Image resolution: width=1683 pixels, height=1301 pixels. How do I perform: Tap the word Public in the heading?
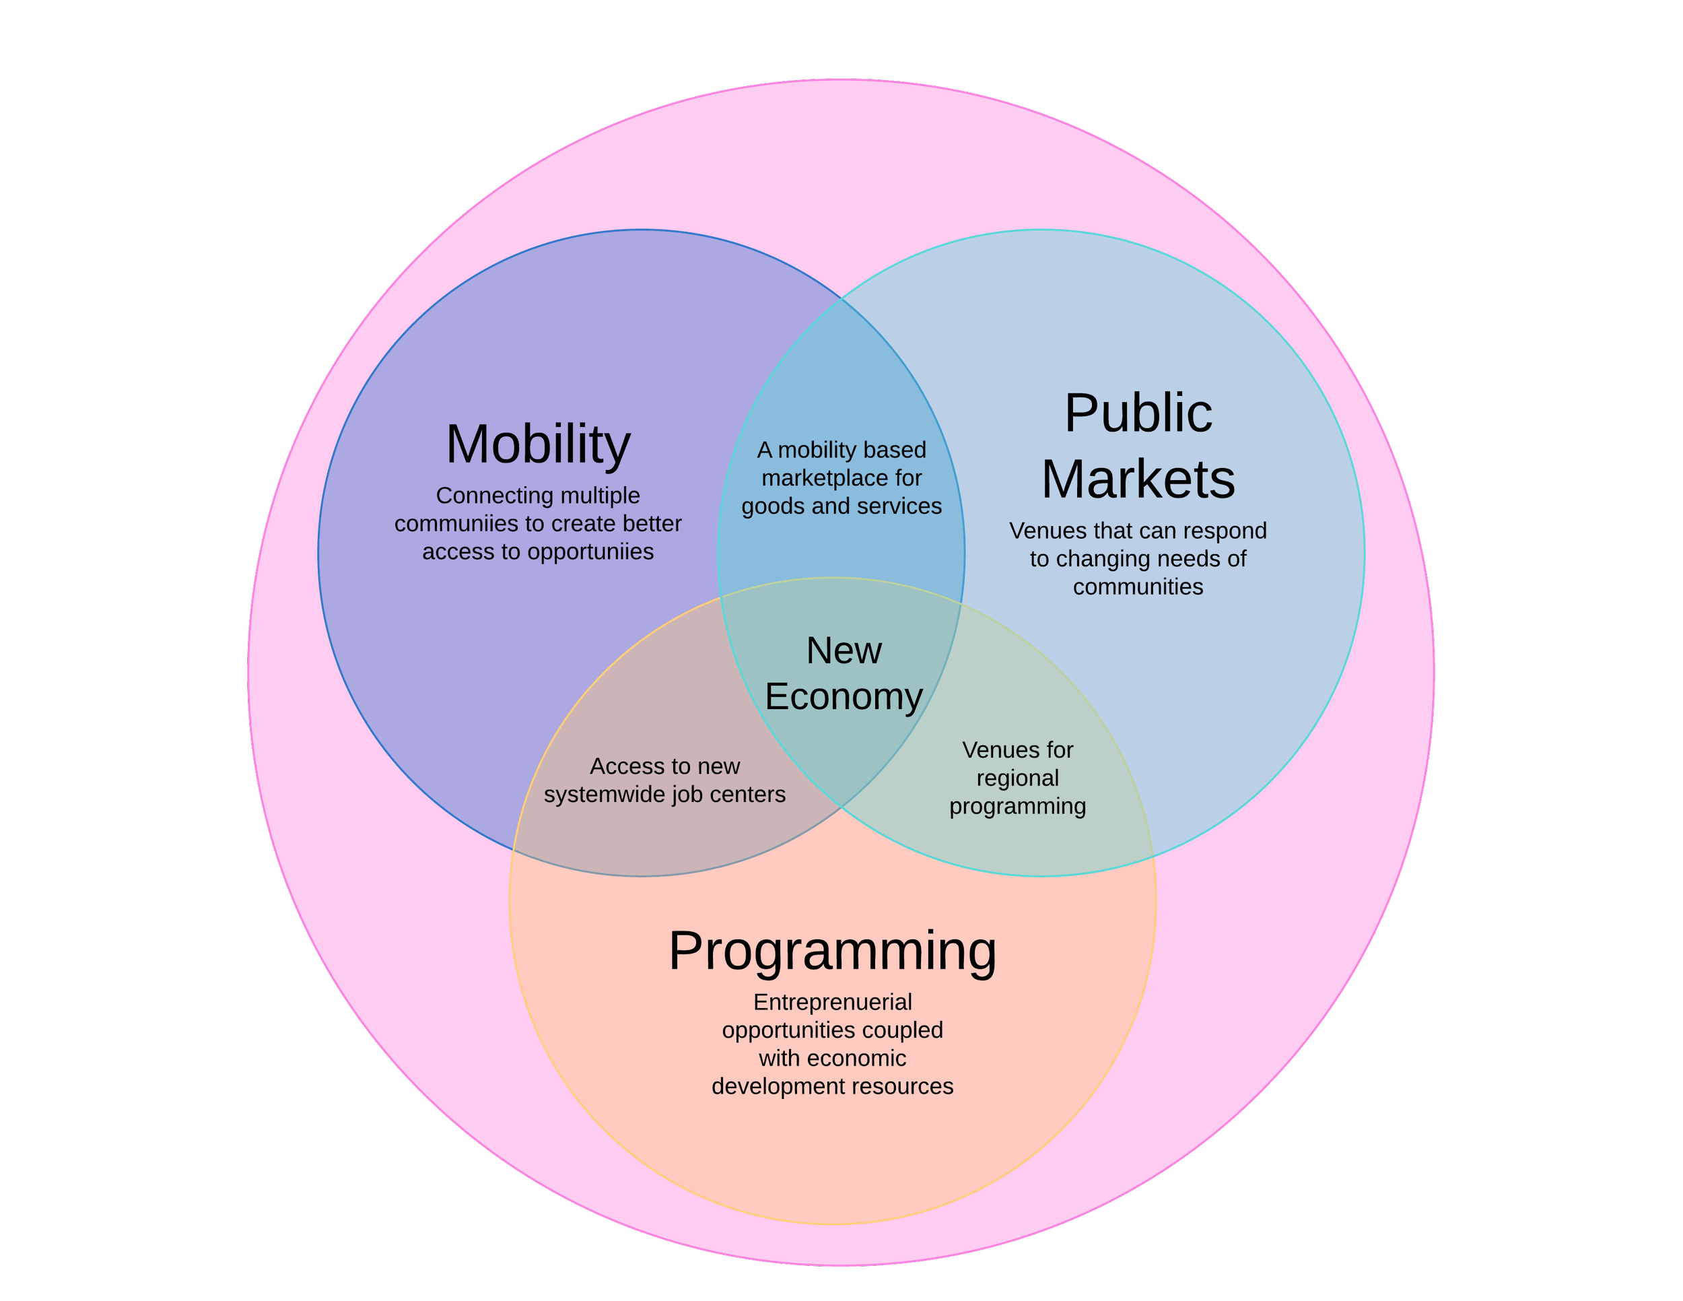click(x=1138, y=414)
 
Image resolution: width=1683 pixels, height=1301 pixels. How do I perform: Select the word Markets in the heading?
click(x=1138, y=479)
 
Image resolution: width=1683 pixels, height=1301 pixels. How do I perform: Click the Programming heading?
click(x=832, y=951)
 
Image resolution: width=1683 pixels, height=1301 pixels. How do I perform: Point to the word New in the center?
click(x=844, y=650)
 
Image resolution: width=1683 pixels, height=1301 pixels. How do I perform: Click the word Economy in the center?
click(x=844, y=697)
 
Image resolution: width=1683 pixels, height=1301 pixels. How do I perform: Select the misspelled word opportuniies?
click(x=590, y=552)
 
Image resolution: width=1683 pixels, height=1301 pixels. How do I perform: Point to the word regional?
click(x=1017, y=778)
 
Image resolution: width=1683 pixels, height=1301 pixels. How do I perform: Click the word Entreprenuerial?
click(x=832, y=1002)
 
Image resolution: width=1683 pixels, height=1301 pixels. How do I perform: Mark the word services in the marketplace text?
click(x=901, y=506)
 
